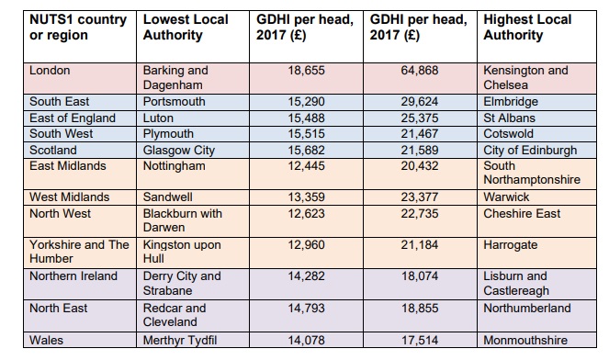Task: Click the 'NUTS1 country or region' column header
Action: point(78,28)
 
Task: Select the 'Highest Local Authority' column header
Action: point(527,28)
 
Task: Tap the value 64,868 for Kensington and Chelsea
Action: point(420,71)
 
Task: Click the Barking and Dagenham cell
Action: point(175,78)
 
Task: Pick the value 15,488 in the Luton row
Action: point(306,118)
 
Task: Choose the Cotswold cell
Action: point(508,134)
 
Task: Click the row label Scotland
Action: point(53,151)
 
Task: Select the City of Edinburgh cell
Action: point(530,151)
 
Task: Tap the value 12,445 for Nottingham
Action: point(306,166)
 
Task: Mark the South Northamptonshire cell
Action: point(532,173)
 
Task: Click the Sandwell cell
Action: point(167,197)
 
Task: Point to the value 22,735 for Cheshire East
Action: point(420,214)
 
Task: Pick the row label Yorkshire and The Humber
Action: point(79,252)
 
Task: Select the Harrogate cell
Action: point(511,245)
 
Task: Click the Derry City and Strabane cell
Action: point(182,284)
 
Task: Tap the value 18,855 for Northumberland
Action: point(420,309)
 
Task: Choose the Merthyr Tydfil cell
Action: point(180,341)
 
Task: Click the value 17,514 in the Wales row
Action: point(420,341)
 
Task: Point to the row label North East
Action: point(58,309)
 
